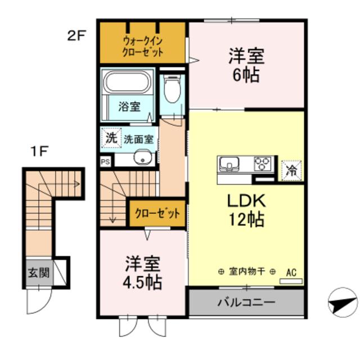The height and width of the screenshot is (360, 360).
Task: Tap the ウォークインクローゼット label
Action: (x=143, y=46)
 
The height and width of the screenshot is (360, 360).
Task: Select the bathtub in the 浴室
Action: (x=128, y=83)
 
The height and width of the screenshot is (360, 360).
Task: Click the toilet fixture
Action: (x=172, y=90)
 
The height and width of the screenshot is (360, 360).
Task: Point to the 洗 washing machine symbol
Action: (x=111, y=136)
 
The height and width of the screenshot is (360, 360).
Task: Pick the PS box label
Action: (x=105, y=161)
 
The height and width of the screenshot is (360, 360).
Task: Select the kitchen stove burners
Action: (x=262, y=163)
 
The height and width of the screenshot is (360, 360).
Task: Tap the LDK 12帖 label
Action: (x=245, y=209)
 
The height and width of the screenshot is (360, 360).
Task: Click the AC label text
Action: (x=291, y=272)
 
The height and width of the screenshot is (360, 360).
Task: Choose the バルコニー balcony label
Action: (x=246, y=302)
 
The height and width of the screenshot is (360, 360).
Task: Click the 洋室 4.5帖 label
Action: (x=143, y=272)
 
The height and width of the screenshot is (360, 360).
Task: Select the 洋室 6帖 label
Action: (x=246, y=65)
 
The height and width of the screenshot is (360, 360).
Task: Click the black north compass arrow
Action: (x=341, y=304)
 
